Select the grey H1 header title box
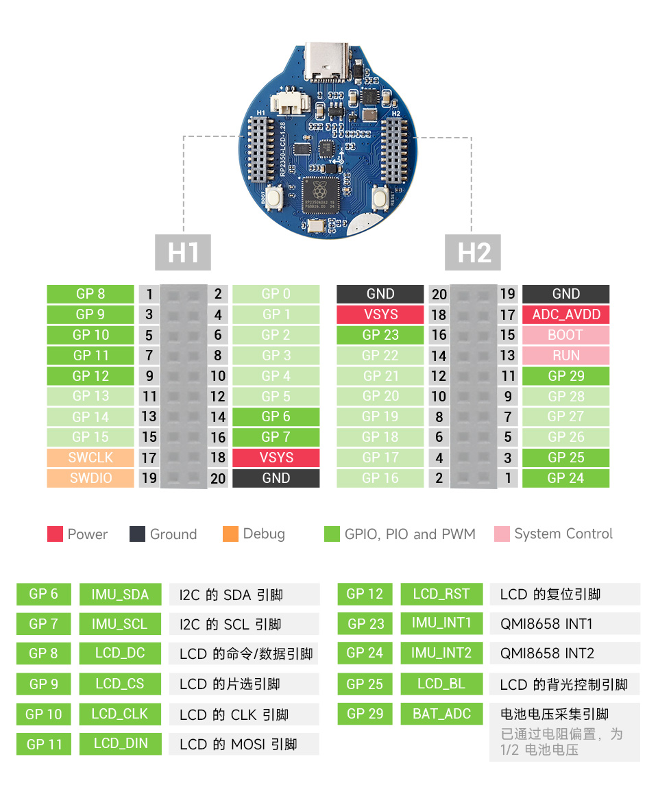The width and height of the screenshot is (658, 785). click(183, 252)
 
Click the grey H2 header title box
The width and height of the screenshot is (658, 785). click(473, 252)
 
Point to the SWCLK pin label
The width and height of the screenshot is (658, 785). click(90, 458)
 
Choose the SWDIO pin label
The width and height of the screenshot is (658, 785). click(90, 478)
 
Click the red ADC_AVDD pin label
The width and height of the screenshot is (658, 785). click(565, 314)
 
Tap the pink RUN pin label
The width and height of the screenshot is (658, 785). click(565, 356)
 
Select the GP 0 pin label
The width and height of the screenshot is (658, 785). click(276, 294)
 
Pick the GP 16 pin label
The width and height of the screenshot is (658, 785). click(380, 478)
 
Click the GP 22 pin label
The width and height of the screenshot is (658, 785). click(380, 356)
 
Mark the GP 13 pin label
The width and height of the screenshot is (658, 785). click(90, 396)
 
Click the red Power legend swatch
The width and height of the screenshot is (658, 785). click(56, 534)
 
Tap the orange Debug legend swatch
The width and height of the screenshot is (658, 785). click(230, 534)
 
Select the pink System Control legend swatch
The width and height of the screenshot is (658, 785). click(502, 534)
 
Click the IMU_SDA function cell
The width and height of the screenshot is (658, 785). click(120, 595)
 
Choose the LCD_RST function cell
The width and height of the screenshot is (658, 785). click(441, 594)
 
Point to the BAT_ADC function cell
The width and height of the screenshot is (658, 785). click(441, 714)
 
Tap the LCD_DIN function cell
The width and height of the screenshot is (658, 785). click(120, 744)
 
